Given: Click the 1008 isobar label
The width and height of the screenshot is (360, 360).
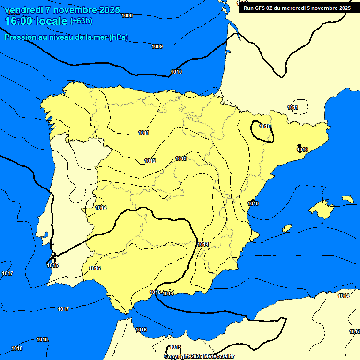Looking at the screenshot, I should tap(127, 15).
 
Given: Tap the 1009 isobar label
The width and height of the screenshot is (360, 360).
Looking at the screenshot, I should tap(157, 46).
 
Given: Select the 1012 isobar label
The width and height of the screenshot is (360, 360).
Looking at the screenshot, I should tap(150, 161).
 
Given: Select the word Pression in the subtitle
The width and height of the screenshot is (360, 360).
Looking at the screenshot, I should tap(19, 37).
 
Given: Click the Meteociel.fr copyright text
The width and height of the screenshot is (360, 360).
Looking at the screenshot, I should tap(215, 356).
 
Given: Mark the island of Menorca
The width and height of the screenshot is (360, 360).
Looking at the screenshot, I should tap(347, 199).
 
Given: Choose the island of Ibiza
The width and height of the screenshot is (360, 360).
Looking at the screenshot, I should tap(286, 228).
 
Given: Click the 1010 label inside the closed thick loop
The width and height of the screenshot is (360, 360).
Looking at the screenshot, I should tap(265, 127).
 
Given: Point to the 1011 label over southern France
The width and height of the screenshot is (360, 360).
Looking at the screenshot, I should tap(292, 108).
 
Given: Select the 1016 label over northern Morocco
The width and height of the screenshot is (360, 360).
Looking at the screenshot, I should tap(141, 330).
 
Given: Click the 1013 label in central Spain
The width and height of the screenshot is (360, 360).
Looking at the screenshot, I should tap(181, 159).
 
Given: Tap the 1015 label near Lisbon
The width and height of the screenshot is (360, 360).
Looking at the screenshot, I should tap(52, 266).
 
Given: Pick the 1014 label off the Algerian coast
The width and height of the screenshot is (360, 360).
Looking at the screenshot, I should tap(344, 296).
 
